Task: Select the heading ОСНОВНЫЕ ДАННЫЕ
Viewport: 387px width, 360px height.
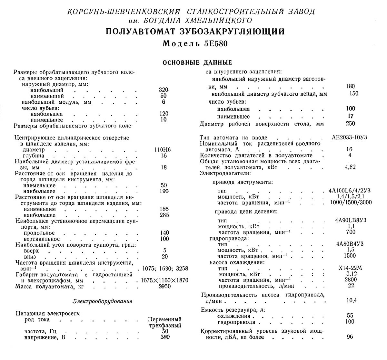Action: point(197,62)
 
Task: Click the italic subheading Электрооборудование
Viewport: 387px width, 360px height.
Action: point(102,301)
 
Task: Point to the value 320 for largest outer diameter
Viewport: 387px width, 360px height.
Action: point(164,90)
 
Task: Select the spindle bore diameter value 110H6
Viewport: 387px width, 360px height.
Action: point(163,150)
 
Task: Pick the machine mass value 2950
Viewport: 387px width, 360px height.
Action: point(165,286)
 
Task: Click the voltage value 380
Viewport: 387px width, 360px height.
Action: point(165,337)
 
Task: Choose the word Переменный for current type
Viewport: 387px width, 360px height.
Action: point(164,319)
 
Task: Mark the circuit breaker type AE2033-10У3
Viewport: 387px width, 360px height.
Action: point(349,137)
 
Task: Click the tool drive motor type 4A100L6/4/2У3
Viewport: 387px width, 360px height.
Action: point(347,191)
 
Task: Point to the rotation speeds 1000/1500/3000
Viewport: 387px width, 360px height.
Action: point(351,203)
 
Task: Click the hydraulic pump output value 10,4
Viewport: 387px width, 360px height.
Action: point(351,300)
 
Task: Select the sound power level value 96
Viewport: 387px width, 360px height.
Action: point(350,337)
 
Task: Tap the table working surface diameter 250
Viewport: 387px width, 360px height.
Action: point(350,124)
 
